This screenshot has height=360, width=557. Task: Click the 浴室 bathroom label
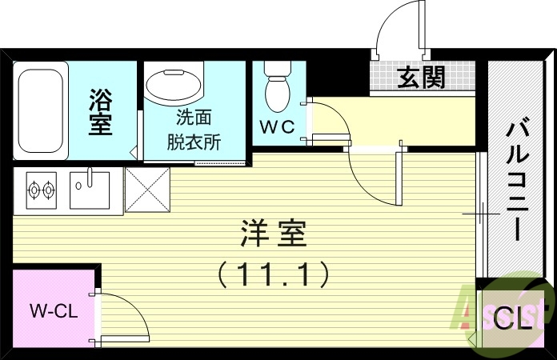(100, 112)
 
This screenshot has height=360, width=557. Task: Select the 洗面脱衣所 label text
(194, 130)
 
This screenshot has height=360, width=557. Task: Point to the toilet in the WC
(277, 88)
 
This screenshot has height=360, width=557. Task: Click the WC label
(277, 126)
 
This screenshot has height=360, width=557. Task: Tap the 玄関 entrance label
(421, 78)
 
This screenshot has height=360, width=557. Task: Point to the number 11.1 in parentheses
(274, 275)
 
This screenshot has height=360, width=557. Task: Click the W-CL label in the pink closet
(53, 311)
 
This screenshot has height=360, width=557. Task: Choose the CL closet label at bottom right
(513, 320)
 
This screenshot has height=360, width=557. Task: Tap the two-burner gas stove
(42, 191)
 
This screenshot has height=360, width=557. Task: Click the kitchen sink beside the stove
(89, 190)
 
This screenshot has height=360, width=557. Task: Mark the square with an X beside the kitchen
(146, 192)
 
